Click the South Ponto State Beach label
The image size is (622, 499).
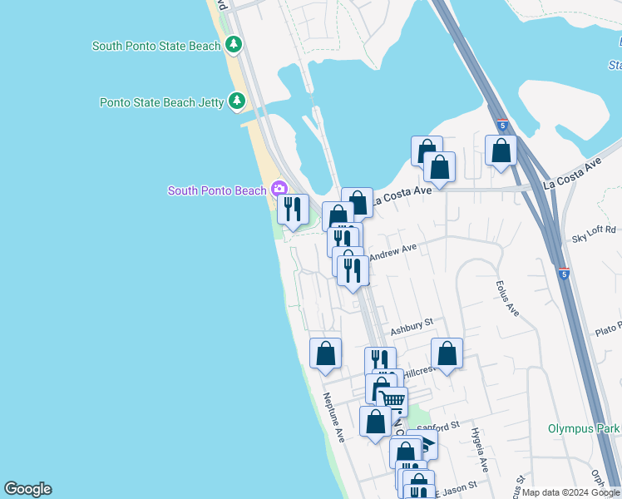156,46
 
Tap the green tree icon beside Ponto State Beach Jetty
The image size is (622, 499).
237,102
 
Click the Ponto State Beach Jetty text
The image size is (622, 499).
161,102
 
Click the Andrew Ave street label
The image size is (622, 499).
392,250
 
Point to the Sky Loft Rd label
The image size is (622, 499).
594,234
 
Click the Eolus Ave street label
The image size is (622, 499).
507,297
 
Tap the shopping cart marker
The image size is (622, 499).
392,401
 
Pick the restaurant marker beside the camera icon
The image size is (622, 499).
293,209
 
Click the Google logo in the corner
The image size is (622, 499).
27,489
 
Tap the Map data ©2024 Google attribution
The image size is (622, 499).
570,492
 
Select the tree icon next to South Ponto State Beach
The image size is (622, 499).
234,45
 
